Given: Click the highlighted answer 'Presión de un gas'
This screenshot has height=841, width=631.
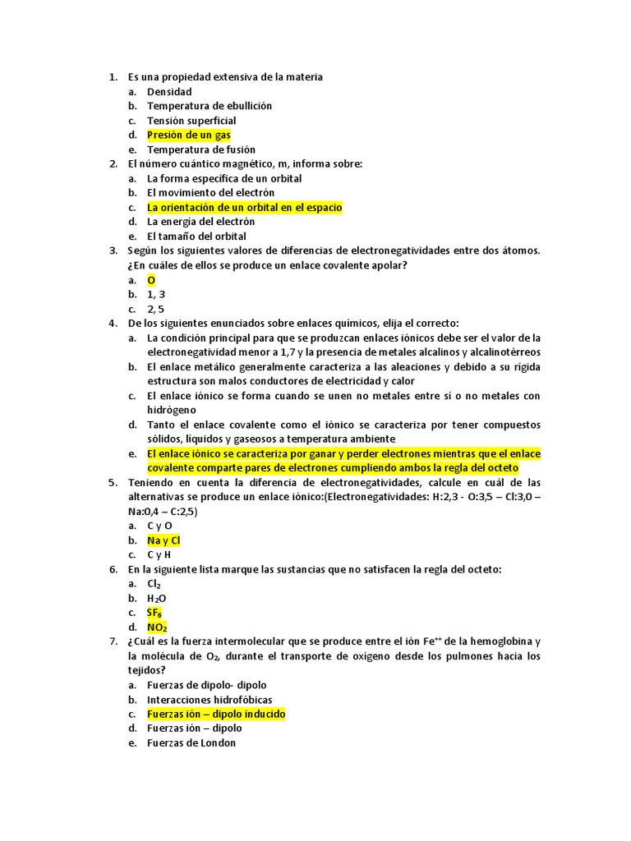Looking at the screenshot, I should click(188, 135).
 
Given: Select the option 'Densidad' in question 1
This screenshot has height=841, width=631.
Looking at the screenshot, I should click(169, 91).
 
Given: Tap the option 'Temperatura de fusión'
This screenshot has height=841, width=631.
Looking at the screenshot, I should click(200, 149).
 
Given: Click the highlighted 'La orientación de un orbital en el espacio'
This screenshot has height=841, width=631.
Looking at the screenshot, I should click(244, 208).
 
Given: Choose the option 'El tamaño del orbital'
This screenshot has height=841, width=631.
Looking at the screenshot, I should click(196, 237).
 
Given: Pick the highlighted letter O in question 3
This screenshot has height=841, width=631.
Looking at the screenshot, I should click(151, 280).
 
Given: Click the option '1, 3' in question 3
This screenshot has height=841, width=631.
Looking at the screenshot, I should click(156, 294).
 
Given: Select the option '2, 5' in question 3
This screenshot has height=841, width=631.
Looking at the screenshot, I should click(156, 309).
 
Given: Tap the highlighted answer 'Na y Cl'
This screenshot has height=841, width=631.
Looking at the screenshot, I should click(164, 540).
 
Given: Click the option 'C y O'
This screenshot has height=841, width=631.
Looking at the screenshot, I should click(159, 526).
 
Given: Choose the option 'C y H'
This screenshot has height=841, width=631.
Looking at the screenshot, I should click(159, 555).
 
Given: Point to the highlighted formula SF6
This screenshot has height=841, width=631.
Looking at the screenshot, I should click(154, 613).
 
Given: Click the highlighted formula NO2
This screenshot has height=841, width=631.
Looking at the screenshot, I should click(156, 627).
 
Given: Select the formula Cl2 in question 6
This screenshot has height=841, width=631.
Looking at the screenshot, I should click(154, 584).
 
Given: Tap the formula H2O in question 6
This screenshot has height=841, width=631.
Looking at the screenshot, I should click(156, 599).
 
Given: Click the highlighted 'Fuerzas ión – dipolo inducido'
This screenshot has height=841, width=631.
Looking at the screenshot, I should click(216, 714).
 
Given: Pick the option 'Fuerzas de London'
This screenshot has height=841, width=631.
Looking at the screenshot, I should click(191, 742).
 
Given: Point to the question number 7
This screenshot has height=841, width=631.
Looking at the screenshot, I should click(113, 642).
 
